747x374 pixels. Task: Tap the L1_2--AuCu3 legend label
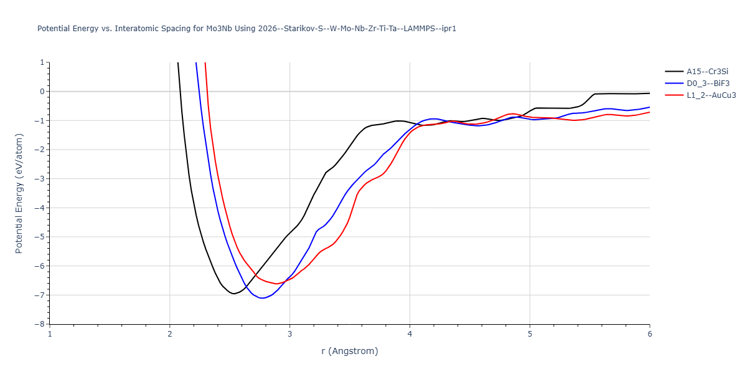[x=707, y=95]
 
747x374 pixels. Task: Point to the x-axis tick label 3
[x=289, y=334]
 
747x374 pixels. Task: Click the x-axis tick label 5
[x=530, y=334]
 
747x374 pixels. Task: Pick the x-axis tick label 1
[x=50, y=334]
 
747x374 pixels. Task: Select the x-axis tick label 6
[x=649, y=334]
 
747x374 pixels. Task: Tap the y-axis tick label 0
[x=42, y=92]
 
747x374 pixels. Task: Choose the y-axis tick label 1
[x=42, y=62]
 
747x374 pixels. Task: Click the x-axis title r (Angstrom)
[x=349, y=351]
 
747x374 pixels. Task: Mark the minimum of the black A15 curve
[x=233, y=294]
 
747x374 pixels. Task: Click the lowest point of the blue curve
[x=263, y=298]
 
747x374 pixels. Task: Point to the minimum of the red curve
[x=276, y=284]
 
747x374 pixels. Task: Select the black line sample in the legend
[x=674, y=72]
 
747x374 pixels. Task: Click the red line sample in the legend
[x=674, y=95]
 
